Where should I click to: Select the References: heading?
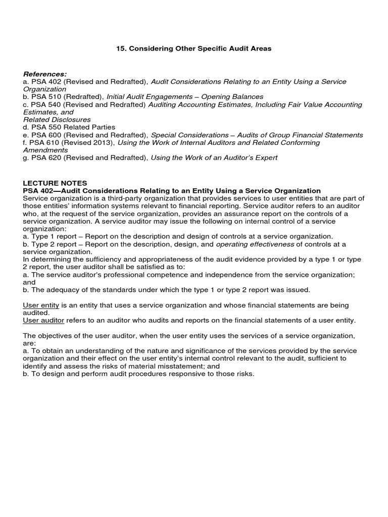click(x=44, y=74)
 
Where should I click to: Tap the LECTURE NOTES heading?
click(x=55, y=183)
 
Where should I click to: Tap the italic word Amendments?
click(x=45, y=150)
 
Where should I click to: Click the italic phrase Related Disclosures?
click(x=57, y=120)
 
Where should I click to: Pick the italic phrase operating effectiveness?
click(x=255, y=244)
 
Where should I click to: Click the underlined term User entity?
click(x=41, y=305)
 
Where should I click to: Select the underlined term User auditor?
click(x=43, y=321)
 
